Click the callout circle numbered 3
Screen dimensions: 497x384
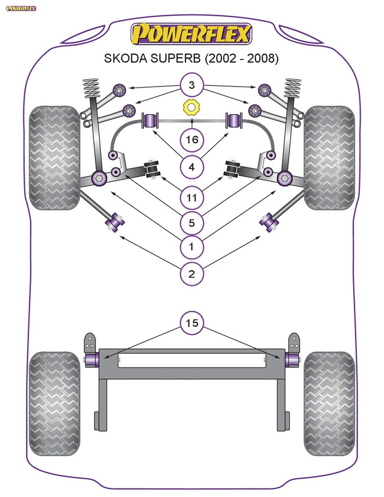(x=191, y=86)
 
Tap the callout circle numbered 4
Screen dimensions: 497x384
(x=191, y=167)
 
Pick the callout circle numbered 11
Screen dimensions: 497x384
(x=191, y=198)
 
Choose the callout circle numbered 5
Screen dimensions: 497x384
(x=191, y=222)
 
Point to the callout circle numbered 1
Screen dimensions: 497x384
(x=191, y=247)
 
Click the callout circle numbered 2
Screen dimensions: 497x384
(x=191, y=274)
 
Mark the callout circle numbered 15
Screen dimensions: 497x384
(x=191, y=324)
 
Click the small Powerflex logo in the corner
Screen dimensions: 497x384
(x=21, y=7)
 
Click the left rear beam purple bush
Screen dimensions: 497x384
(x=92, y=359)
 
